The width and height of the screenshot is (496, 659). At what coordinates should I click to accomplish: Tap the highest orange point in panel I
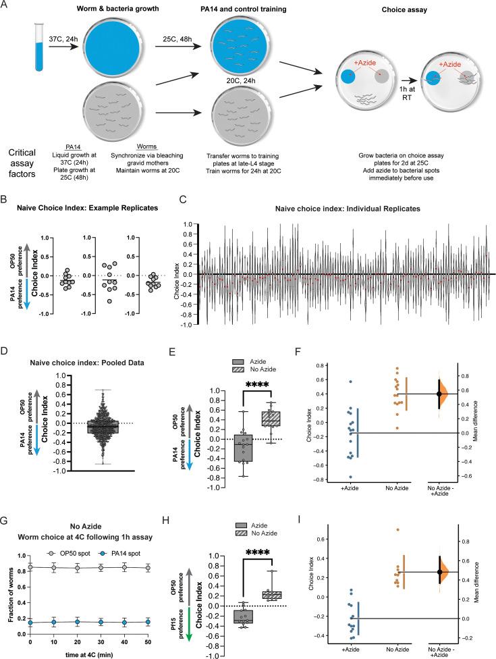click(397, 530)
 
